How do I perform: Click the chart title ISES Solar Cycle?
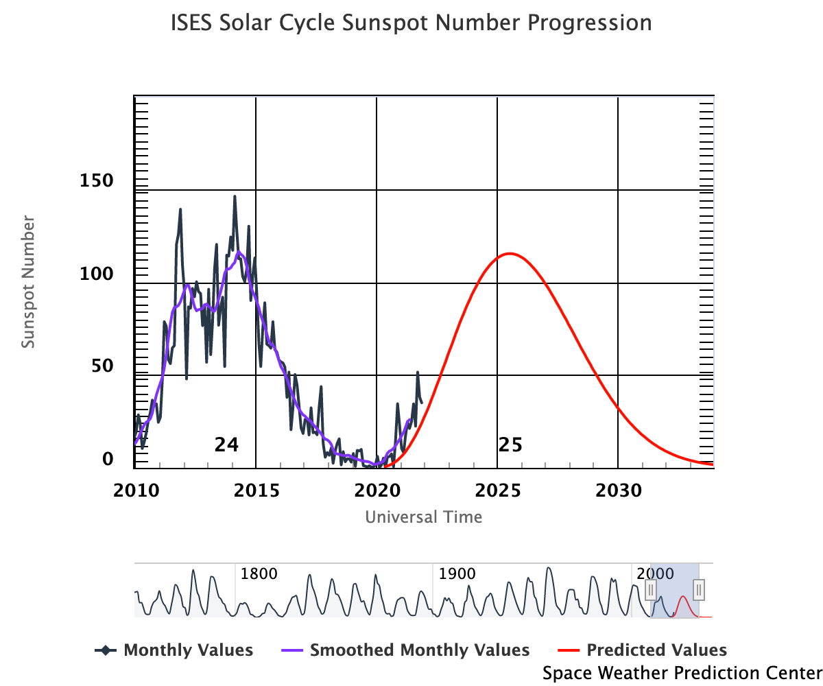(411, 23)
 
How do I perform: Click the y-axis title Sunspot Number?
(28, 282)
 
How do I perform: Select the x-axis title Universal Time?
(423, 517)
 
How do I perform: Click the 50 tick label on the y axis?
(104, 366)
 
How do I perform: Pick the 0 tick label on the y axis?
(108, 459)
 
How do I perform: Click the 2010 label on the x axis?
(135, 491)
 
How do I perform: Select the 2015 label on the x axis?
(256, 491)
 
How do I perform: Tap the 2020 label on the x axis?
(377, 491)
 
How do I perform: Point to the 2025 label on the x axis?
(497, 491)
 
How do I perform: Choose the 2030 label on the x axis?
(619, 491)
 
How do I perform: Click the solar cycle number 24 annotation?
(226, 445)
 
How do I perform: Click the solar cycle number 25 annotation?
(510, 445)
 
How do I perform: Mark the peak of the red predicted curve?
(509, 254)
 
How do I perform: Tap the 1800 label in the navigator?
(259, 574)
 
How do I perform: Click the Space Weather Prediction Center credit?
(682, 673)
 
